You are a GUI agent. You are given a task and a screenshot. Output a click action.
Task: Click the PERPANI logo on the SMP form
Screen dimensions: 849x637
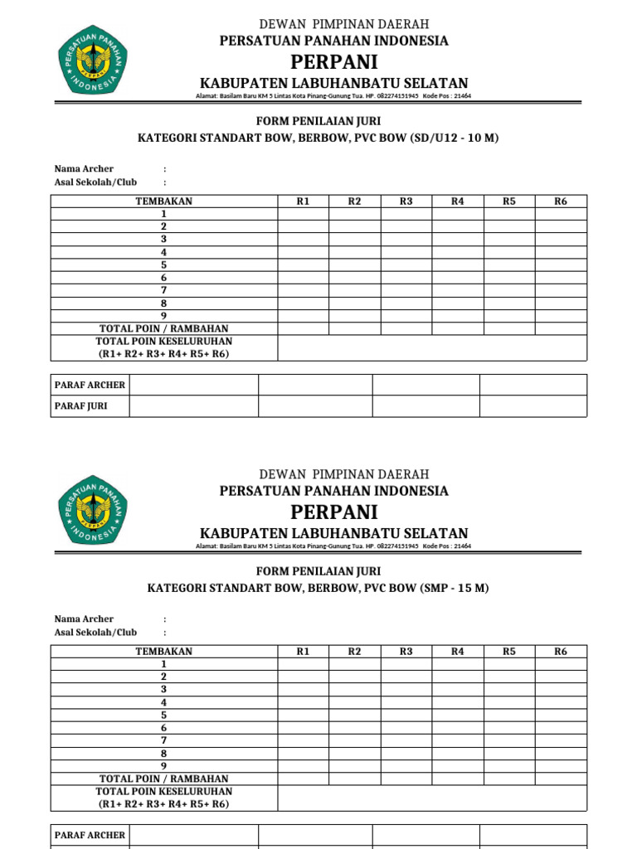coord(91,508)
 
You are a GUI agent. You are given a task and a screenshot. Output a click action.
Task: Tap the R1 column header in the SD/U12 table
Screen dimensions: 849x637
coord(303,201)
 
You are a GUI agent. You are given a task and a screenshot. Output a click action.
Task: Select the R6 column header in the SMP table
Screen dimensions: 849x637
coord(561,652)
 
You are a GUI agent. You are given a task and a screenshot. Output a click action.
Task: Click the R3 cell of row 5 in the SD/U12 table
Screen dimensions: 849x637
coord(406,265)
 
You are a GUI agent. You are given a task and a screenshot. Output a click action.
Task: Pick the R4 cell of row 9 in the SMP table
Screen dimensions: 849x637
coord(457,766)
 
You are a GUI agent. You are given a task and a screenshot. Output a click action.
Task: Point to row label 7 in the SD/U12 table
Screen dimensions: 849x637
coord(164,291)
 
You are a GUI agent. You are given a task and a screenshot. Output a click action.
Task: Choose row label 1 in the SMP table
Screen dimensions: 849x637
coord(164,664)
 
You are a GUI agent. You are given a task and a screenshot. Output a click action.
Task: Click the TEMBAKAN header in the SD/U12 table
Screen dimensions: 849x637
coord(164,201)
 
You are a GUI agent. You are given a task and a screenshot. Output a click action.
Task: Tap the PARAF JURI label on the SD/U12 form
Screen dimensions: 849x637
coord(80,406)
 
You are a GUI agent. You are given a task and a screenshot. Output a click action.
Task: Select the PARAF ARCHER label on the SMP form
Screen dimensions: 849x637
coord(90,835)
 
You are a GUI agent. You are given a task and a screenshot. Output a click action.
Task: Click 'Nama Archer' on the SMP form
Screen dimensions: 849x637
coord(84,619)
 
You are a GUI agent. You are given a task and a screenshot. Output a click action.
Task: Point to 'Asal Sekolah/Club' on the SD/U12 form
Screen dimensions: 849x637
coord(95,182)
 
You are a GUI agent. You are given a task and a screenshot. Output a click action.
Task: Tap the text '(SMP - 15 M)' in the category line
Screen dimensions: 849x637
coord(455,588)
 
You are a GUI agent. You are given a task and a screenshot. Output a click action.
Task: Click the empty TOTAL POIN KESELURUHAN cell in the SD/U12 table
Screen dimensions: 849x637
coord(432,348)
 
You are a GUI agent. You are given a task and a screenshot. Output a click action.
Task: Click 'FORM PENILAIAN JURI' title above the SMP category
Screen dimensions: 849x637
coord(318,571)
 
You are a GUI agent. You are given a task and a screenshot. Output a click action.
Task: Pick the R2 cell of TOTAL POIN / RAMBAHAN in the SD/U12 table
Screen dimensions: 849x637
coord(354,329)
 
